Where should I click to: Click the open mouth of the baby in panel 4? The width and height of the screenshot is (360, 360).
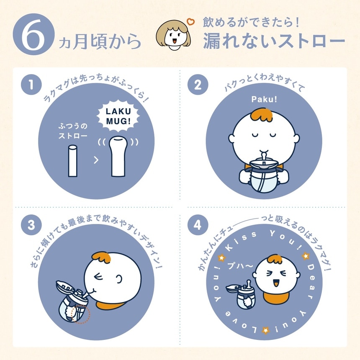pyautogui.click(x=276, y=284)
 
